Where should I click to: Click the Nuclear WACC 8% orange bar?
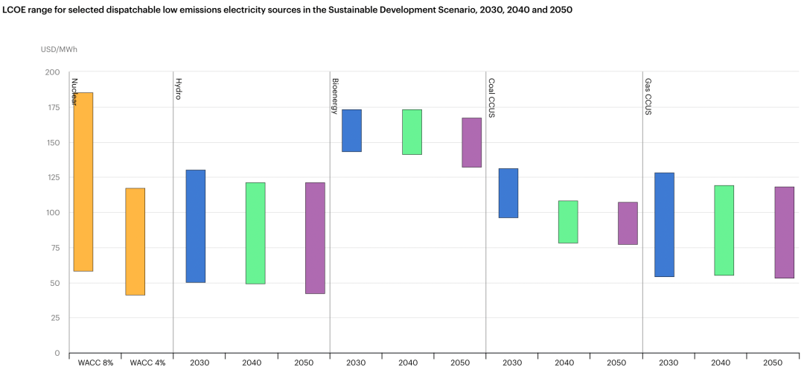coord(83,182)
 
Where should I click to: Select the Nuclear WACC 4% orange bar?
coord(135,241)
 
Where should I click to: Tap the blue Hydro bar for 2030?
coord(196,226)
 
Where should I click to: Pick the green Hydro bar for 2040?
coord(255,233)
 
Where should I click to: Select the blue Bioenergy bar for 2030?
coord(351,130)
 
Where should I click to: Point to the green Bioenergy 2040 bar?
coord(412,132)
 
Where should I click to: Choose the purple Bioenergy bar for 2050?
coord(471,142)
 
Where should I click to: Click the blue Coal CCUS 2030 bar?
coord(508,193)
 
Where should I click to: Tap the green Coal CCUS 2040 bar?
coord(568,221)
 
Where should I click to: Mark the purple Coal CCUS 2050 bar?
coord(628,223)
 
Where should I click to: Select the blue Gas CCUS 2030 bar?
coord(664,224)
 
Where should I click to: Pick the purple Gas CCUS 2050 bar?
coord(785,232)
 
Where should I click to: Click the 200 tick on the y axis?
coord(51,72)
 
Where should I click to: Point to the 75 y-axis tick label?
coord(54,248)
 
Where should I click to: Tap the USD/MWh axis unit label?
coord(59,49)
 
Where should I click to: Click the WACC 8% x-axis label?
coord(95,363)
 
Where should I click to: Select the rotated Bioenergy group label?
coord(335,95)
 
